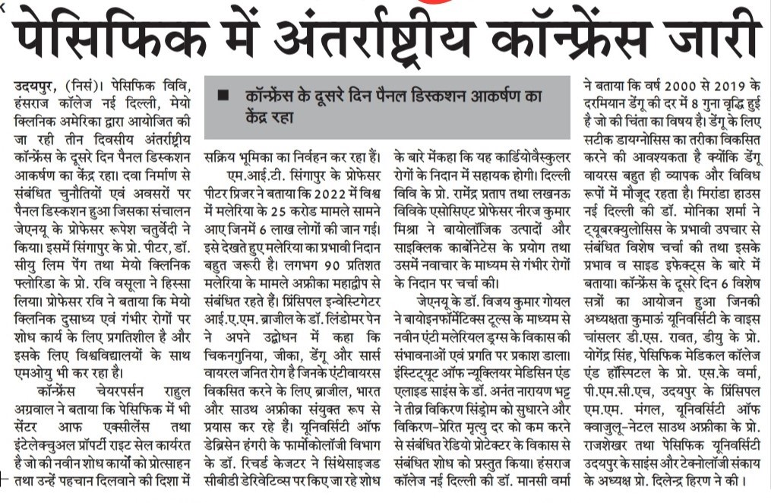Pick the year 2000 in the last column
point(687,83)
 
